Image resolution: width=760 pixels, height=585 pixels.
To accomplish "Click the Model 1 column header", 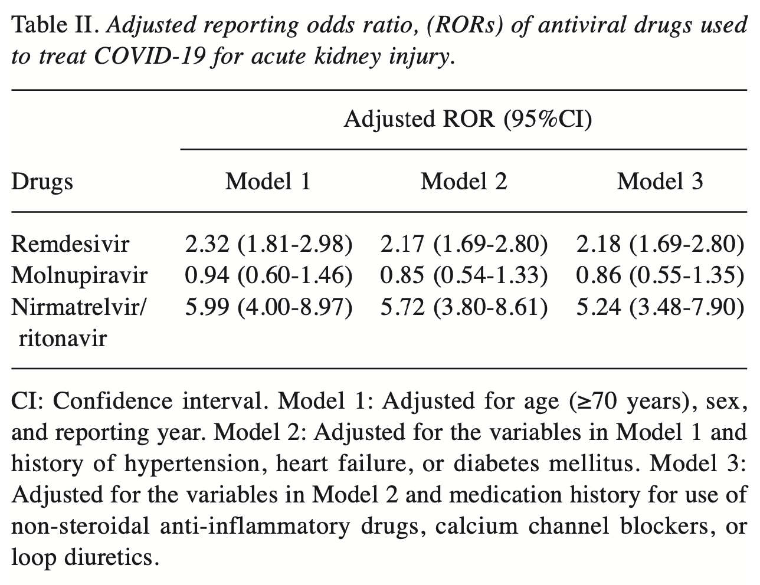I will (268, 181).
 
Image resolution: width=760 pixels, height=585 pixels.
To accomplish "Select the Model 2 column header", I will (464, 181).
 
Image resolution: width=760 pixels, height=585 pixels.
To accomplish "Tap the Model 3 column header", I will (660, 181).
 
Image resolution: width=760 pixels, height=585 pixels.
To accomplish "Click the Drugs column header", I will (42, 181).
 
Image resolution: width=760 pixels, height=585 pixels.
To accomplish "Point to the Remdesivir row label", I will (70, 244).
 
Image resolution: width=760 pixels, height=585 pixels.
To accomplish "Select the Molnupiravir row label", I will (80, 275).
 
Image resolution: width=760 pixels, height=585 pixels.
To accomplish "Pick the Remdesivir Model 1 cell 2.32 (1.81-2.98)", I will (268, 244).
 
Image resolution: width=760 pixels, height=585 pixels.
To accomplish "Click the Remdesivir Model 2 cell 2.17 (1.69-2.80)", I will (464, 244).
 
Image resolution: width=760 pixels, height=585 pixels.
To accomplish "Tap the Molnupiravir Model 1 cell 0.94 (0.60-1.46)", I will (268, 275).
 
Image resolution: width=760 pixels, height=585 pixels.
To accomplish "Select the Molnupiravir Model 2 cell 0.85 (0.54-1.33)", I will (464, 275).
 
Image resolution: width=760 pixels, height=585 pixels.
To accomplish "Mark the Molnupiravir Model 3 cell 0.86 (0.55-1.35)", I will (660, 275).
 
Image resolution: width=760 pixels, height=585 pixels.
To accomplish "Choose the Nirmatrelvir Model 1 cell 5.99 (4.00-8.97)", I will (268, 307).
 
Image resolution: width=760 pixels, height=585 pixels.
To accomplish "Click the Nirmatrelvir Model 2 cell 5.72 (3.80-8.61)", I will (464, 307).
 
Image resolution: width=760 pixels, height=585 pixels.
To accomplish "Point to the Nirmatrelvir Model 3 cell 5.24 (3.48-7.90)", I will (660, 307).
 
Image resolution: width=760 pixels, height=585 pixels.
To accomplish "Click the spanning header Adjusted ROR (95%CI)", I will (467, 120).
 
